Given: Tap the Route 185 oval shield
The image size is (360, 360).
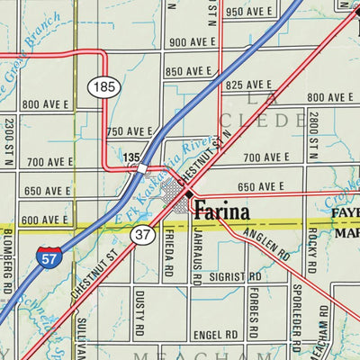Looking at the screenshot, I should click(x=102, y=87).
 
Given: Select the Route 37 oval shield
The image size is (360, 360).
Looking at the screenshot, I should click(x=141, y=235).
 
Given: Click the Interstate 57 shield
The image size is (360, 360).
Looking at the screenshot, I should click(x=50, y=257).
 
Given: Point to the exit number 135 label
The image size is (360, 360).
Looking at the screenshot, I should click(x=131, y=157).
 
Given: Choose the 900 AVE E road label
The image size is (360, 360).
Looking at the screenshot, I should click(x=190, y=42).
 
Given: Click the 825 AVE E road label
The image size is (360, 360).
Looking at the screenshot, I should click(x=248, y=85).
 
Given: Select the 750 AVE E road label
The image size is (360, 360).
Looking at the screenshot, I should click(x=129, y=131).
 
